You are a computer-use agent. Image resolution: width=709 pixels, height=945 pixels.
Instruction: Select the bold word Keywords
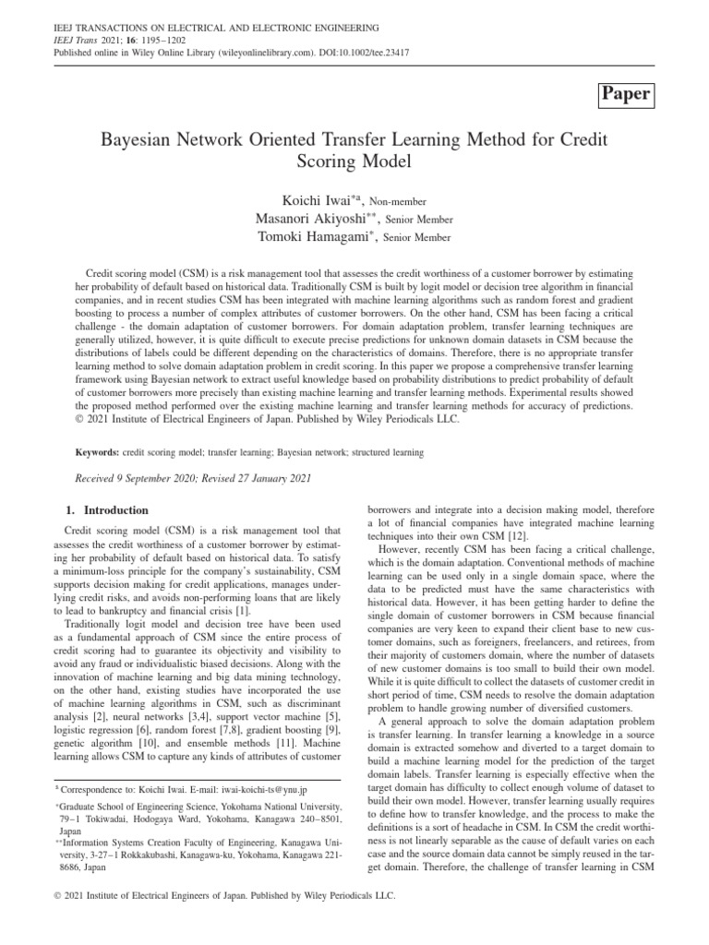point(94,453)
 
